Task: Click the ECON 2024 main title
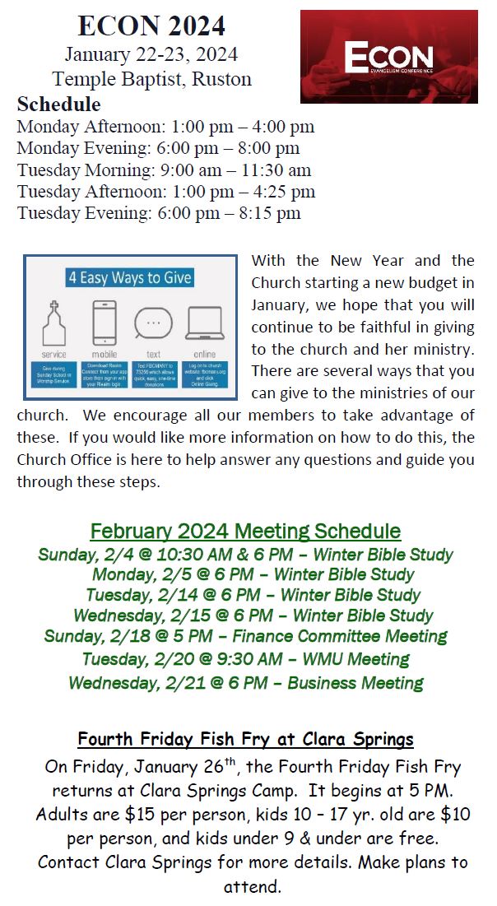point(151,26)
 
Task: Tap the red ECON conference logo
point(388,57)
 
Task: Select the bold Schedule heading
point(58,105)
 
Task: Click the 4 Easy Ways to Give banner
point(130,277)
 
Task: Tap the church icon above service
point(54,323)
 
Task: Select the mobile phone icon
point(104,323)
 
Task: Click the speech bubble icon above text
point(153,323)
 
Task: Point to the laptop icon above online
point(205,323)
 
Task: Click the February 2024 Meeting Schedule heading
point(245,531)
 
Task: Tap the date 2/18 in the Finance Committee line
point(144,636)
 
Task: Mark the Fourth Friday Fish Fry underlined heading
point(245,739)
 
